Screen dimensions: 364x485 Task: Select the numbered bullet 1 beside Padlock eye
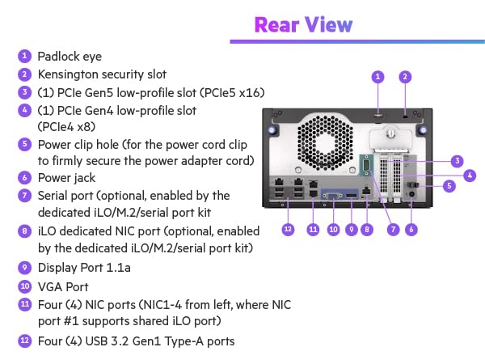25,56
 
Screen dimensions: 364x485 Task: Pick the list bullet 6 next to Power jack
25,177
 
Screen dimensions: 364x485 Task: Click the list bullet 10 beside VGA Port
25,286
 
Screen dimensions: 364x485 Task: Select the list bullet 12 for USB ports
25,341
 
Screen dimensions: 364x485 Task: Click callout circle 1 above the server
377,77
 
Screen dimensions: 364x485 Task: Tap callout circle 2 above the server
406,77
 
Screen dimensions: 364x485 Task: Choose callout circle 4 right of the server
470,174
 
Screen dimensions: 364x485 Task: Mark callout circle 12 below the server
288,230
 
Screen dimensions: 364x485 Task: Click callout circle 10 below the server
331,230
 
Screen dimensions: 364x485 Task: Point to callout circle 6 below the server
411,230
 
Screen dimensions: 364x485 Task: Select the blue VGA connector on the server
331,197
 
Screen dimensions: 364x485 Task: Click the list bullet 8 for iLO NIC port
25,231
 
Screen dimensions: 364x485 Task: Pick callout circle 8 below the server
367,230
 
